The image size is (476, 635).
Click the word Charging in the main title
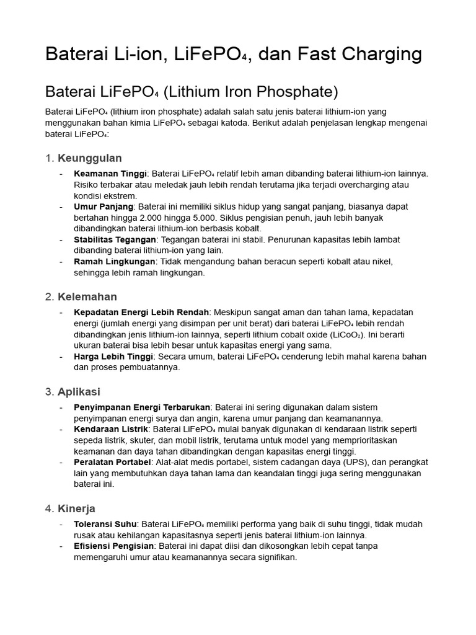click(381, 55)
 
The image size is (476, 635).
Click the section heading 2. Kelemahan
click(81, 296)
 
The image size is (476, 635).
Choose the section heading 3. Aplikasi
click(73, 392)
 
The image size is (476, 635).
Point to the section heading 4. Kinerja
click(70, 508)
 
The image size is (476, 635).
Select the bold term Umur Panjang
click(103, 206)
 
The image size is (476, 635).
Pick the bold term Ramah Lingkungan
click(114, 262)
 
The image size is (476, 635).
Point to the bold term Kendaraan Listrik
click(111, 429)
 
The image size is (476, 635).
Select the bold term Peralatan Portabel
click(112, 463)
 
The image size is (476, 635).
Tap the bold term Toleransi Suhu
click(105, 524)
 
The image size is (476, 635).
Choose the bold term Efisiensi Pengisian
click(113, 546)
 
